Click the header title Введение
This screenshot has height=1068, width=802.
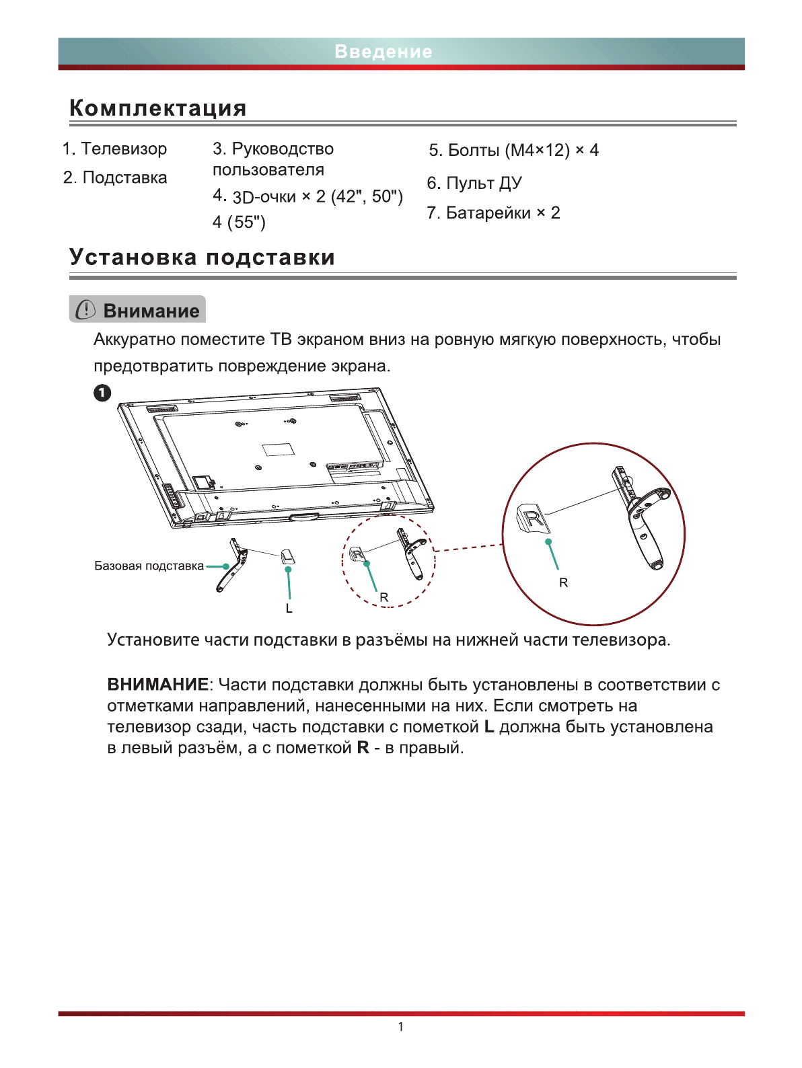coord(384,52)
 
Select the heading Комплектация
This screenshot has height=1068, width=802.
coord(158,108)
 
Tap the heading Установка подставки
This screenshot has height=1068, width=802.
coord(202,258)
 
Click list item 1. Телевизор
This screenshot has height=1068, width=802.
coord(114,149)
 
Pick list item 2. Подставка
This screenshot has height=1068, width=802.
coord(115,178)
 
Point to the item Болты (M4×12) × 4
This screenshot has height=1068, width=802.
coord(514,150)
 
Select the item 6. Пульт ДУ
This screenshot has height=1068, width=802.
coord(474,183)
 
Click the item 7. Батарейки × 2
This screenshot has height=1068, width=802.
coord(493,213)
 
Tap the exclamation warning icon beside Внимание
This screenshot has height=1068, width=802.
coord(85,310)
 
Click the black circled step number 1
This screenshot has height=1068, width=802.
coord(102,393)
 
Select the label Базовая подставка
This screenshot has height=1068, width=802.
coord(149,566)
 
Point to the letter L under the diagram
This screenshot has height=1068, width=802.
coord(289,609)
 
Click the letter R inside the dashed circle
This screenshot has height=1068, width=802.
coord(384,597)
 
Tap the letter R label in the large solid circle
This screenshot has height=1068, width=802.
coord(564,582)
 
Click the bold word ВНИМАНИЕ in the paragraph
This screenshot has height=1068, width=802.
coord(157,685)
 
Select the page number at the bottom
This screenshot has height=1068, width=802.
coord(401,1027)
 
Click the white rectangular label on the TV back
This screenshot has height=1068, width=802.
coord(279,449)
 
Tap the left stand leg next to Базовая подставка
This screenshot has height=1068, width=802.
coord(232,566)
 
